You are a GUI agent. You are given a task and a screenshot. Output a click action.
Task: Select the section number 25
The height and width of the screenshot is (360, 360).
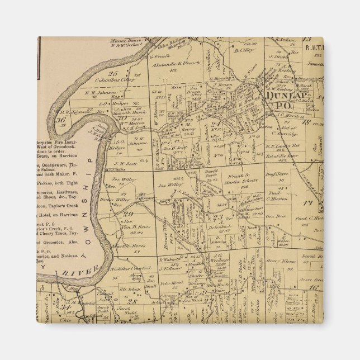tap(113, 73)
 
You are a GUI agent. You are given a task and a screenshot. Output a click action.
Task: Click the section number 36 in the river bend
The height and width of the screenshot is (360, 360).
tap(61, 119)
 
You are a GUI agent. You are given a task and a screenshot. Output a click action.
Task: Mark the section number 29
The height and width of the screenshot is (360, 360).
tap(128, 214)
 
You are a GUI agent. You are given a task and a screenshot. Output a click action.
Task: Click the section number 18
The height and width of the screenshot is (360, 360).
tap(306, 121)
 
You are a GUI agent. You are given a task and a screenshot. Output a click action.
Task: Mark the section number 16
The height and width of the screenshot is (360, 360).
tap(314, 287)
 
